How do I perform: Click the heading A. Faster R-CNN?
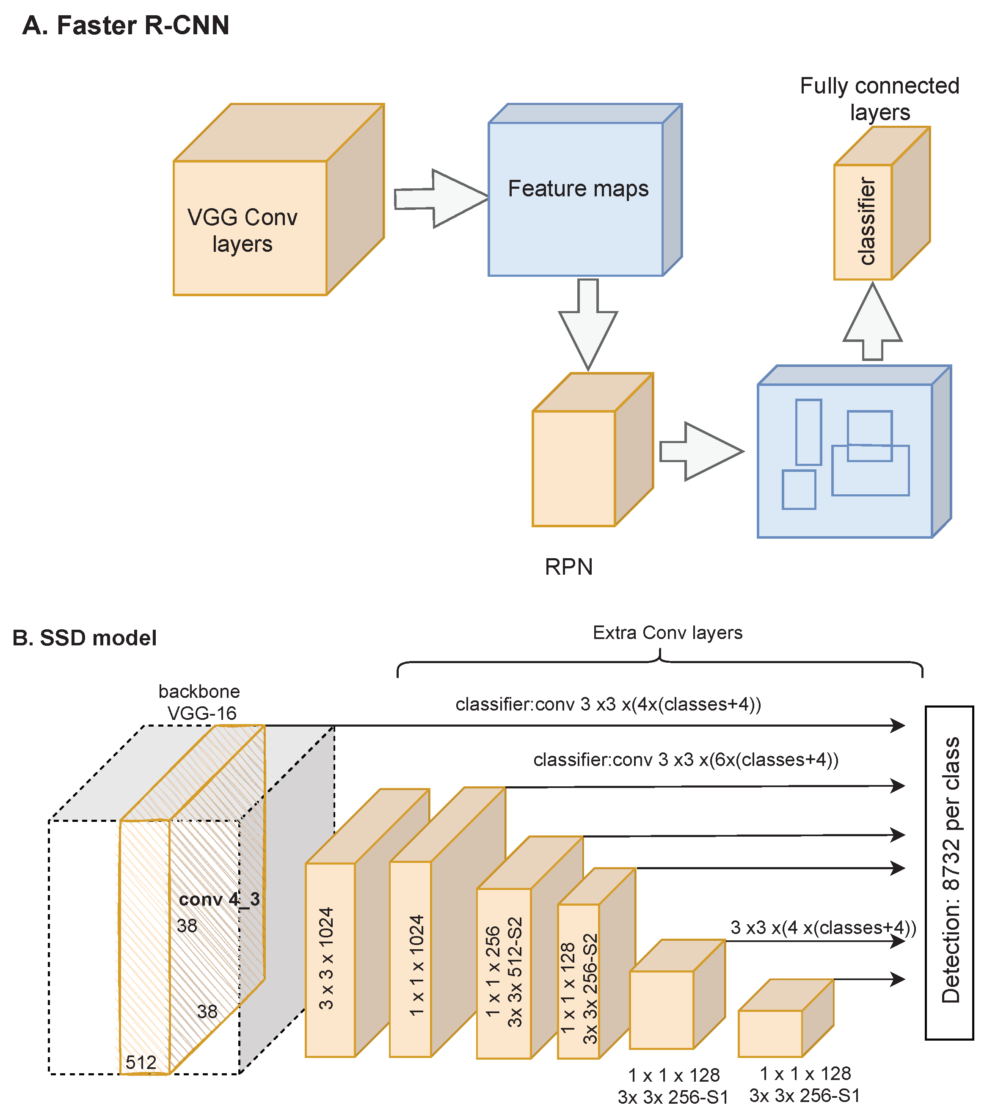click(126, 25)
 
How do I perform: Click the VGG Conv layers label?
click(243, 230)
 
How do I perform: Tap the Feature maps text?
click(578, 188)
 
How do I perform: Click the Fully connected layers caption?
click(879, 99)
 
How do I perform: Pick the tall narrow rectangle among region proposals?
click(808, 433)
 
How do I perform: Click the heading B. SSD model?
click(84, 638)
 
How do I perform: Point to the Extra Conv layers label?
click(667, 633)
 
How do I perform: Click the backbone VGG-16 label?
click(200, 702)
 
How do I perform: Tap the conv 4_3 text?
click(219, 899)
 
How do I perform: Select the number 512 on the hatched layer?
click(141, 1062)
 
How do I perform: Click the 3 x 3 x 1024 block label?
click(326, 959)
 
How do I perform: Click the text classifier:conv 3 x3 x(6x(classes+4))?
click(686, 760)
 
